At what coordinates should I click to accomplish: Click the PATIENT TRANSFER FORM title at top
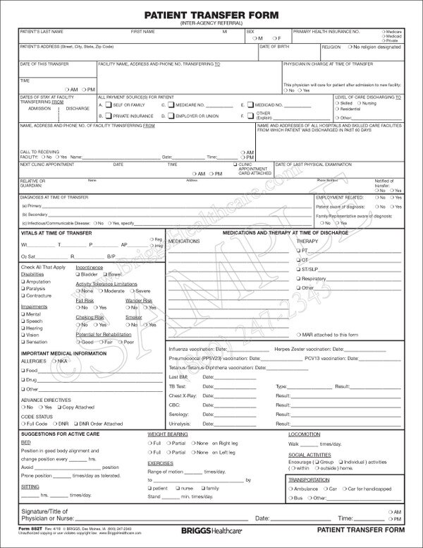pyautogui.click(x=211, y=14)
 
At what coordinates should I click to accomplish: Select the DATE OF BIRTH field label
pyautogui.click(x=274, y=46)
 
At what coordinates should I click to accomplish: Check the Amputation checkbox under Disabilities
pyautogui.click(x=23, y=281)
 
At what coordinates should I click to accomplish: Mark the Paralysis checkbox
pyautogui.click(x=23, y=288)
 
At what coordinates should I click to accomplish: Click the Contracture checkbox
pyautogui.click(x=23, y=296)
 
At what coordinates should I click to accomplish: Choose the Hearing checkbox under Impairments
pyautogui.click(x=23, y=328)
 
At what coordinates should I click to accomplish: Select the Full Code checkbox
pyautogui.click(x=23, y=424)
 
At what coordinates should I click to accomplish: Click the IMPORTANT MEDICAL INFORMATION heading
pyautogui.click(x=59, y=352)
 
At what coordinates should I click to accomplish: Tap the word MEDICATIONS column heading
pyautogui.click(x=184, y=241)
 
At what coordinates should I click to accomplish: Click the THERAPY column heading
pyautogui.click(x=307, y=241)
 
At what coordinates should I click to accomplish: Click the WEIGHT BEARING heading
pyautogui.click(x=167, y=434)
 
